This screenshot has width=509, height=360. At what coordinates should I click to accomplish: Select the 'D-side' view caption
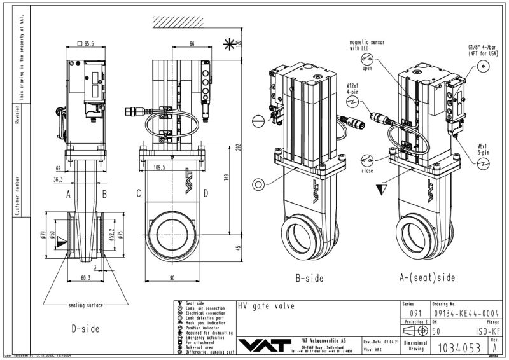84,329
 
